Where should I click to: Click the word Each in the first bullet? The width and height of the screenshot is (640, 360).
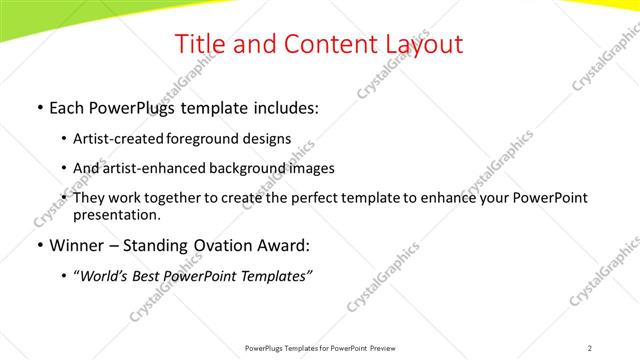pos(68,108)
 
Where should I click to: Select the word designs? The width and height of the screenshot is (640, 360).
pos(266,139)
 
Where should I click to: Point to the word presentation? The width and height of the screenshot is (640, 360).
pos(116,215)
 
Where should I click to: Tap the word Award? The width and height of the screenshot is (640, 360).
pos(284,245)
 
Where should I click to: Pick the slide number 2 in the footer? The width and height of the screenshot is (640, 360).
pos(590,348)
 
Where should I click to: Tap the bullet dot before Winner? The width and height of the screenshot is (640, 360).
pos(39,245)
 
